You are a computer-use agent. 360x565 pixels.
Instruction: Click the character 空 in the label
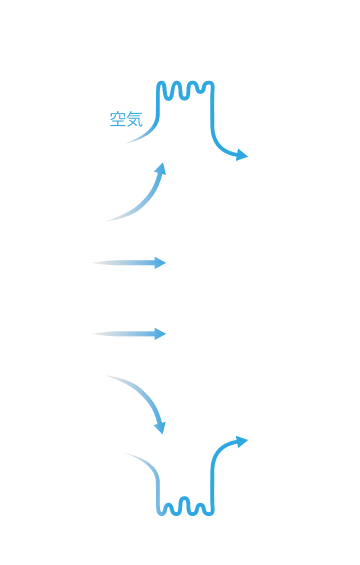tap(117, 120)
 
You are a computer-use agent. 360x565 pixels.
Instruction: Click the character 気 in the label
tap(134, 120)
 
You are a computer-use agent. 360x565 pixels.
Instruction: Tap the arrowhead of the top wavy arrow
tap(242, 155)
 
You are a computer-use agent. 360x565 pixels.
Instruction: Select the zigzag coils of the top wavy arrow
tap(185, 90)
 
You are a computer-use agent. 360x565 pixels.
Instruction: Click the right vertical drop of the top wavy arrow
tap(213, 120)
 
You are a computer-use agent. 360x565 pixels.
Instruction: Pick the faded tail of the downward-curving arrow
tap(115, 379)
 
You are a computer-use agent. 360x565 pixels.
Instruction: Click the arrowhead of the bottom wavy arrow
tap(242, 439)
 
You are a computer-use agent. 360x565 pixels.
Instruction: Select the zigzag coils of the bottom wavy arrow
tap(185, 507)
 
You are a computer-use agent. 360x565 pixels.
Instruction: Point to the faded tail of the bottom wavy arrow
tap(135, 458)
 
